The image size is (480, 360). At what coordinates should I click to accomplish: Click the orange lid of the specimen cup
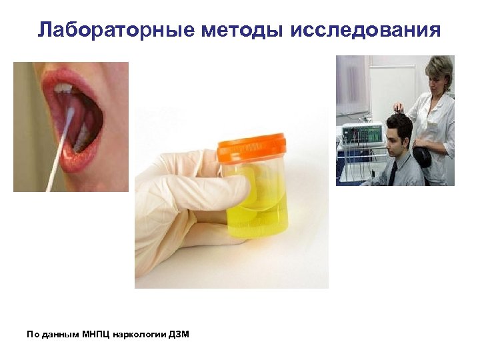pyautogui.click(x=251, y=147)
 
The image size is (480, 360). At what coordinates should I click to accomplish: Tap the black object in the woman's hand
pyautogui.click(x=422, y=158)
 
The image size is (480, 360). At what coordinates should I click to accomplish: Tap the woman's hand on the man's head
pyautogui.click(x=399, y=107)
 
